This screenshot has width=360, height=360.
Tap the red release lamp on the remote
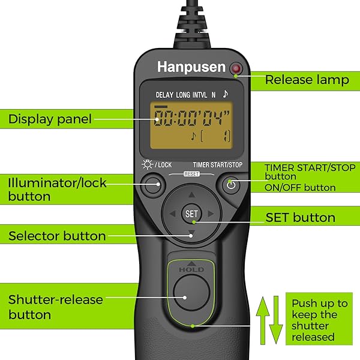coord(236,69)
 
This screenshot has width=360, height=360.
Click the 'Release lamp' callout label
coord(307,80)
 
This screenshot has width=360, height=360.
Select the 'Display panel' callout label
coord(50,119)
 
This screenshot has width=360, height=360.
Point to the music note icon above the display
coord(225,94)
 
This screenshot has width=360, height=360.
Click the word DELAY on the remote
coord(164,95)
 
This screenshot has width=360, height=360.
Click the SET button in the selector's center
coord(191,214)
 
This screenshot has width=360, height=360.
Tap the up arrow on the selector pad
coord(191,195)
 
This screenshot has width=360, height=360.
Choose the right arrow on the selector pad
coord(211,214)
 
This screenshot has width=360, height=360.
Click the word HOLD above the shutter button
coord(191,269)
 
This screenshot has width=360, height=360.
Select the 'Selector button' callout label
coord(57,236)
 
